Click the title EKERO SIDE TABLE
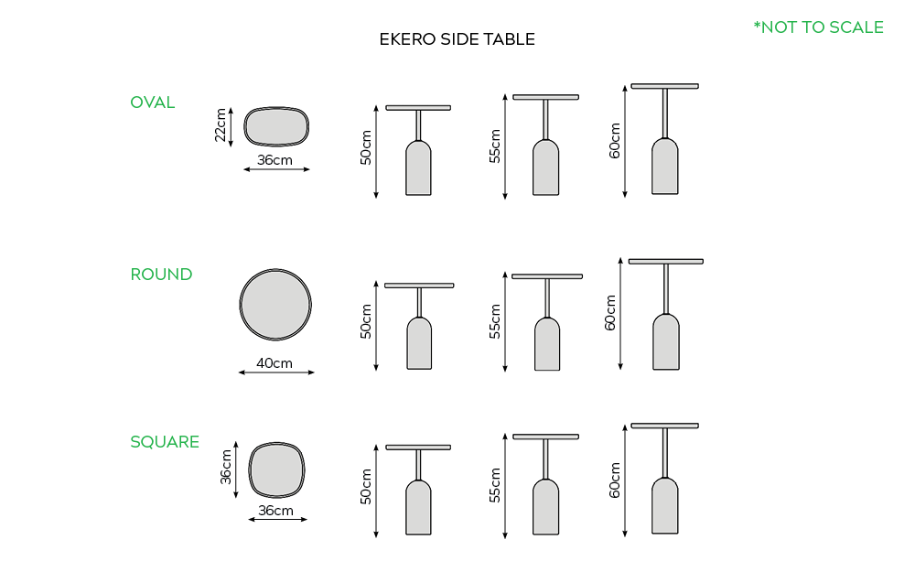(457, 39)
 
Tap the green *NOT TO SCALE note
(818, 27)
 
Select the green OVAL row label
(152, 103)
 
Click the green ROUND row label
(161, 275)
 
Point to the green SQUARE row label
(165, 442)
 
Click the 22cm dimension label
(220, 124)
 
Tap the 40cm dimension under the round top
(274, 363)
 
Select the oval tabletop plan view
(276, 126)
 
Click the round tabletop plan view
(275, 305)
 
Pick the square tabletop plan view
(276, 469)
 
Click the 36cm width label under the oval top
(274, 160)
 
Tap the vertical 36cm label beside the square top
(226, 467)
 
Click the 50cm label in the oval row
(366, 147)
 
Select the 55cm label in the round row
(495, 321)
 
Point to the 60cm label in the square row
(615, 480)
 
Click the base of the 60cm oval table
(664, 167)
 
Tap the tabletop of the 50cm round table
(419, 286)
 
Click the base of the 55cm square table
(545, 507)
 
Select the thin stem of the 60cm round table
(666, 289)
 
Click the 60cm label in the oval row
(615, 140)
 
